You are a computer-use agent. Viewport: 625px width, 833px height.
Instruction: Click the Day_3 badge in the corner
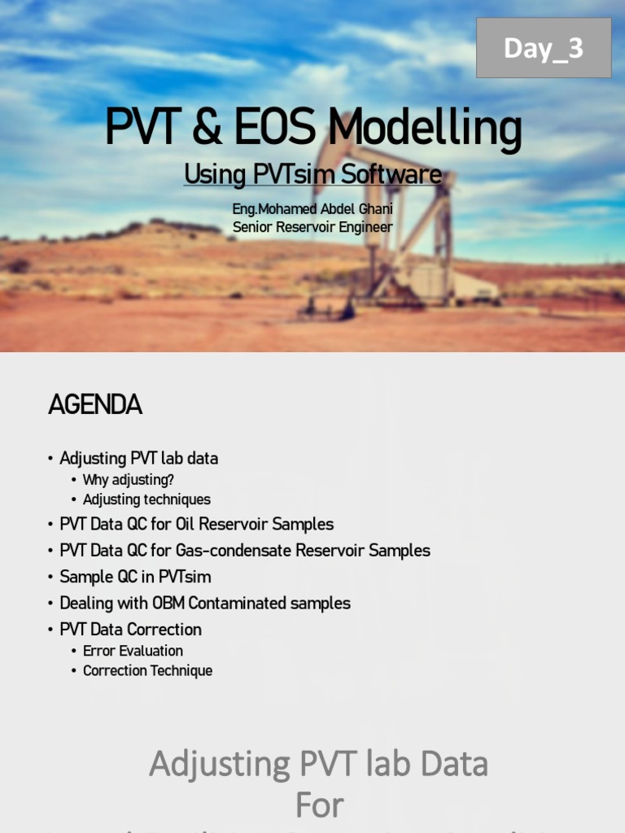pos(544,49)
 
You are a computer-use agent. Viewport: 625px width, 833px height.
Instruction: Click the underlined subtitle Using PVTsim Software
pos(312,174)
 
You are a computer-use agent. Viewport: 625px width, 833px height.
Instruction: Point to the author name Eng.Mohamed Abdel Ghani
pos(312,209)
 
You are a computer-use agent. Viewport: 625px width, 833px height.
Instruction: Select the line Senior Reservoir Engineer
pos(312,227)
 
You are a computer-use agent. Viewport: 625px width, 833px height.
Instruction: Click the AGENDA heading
pos(95,404)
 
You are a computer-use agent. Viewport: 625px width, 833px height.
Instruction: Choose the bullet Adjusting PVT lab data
pos(138,458)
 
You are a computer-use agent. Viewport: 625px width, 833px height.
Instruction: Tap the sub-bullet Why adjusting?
pos(129,480)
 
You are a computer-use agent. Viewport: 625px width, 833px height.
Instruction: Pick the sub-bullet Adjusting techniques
pos(146,499)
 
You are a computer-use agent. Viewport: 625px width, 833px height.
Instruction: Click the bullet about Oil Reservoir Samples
pos(196,524)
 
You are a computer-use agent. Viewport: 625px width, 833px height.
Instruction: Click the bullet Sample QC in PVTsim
pos(135,577)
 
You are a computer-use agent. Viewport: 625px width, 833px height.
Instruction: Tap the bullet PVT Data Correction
pos(130,629)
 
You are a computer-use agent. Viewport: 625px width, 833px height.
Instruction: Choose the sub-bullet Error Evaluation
pos(133,651)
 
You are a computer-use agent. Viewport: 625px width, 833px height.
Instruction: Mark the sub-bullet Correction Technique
pos(147,671)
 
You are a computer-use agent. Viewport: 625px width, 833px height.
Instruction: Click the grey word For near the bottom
pos(319,806)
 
